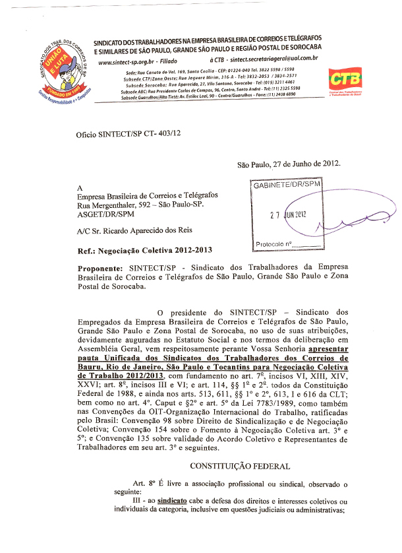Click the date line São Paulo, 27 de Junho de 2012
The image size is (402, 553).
pos(289,165)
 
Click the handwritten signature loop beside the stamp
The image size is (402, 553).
pos(349,224)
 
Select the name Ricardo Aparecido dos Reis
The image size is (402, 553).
pos(143,232)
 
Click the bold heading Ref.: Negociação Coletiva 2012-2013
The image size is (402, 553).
pos(143,251)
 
